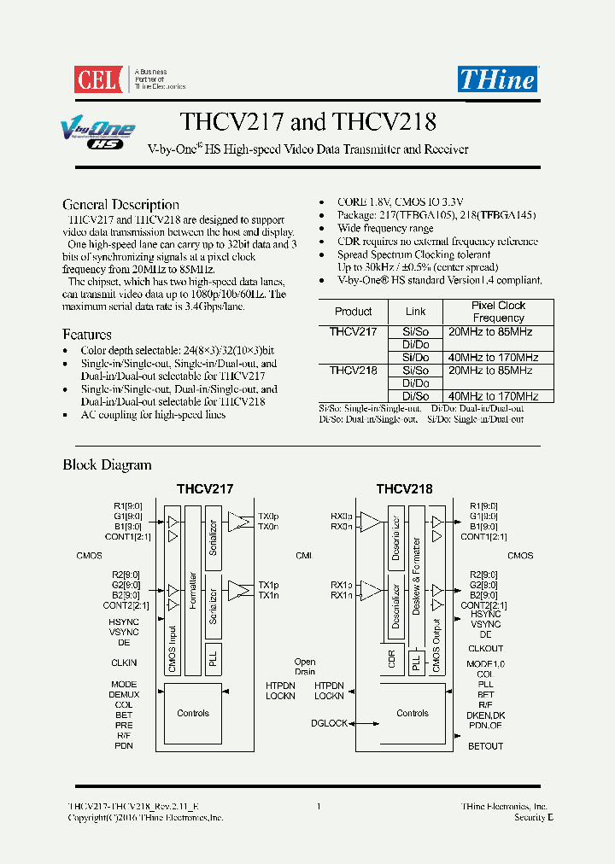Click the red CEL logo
[100, 79]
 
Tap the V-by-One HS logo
[97, 135]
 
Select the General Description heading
[120, 205]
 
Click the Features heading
[87, 335]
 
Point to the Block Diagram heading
[107, 465]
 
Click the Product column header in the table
[353, 312]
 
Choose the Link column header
[416, 312]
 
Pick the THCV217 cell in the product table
[353, 331]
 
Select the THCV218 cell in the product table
[353, 371]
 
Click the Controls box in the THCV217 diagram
[193, 714]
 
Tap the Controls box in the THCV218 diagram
[413, 714]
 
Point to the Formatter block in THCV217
[194, 590]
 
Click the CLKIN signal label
[124, 663]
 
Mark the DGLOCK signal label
[329, 724]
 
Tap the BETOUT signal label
[486, 746]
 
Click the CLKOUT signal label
[486, 649]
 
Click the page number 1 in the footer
[319, 806]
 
